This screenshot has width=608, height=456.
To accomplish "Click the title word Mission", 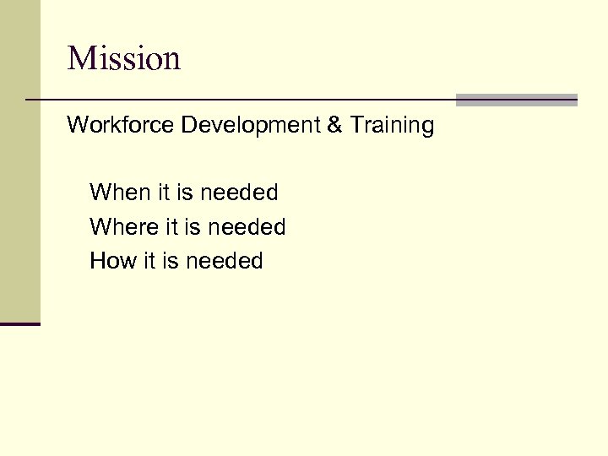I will point(124,58).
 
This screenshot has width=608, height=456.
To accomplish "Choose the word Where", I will point(124,227).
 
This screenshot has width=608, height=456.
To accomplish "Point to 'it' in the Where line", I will point(172,227).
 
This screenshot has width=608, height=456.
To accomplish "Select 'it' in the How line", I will point(149,261).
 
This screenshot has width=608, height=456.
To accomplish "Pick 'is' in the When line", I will point(185,193).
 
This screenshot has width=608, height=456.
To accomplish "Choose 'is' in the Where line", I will point(193,227).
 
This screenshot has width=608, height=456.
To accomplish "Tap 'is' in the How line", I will point(171,261).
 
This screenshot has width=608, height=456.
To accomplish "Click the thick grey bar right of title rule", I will point(516,100).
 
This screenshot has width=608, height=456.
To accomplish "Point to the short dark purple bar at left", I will point(20,323).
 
